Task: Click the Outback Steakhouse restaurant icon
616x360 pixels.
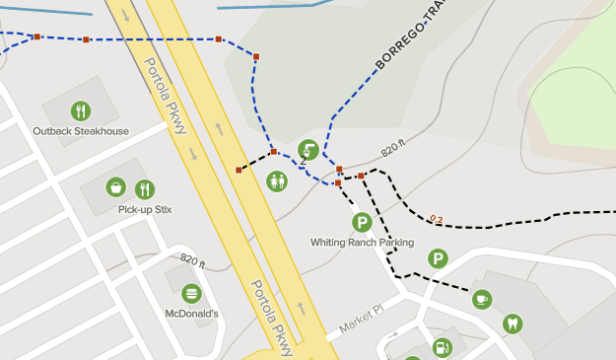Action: tap(81, 111)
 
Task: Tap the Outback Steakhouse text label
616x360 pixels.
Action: tap(81, 131)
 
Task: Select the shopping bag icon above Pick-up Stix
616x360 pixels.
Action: tap(116, 187)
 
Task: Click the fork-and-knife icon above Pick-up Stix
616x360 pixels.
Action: tap(145, 188)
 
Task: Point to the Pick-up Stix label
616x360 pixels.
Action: tap(145, 209)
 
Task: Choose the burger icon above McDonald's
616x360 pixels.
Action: tap(191, 293)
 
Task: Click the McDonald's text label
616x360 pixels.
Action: tap(191, 314)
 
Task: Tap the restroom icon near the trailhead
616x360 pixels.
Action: tap(277, 181)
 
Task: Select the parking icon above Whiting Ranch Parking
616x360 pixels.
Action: tap(362, 222)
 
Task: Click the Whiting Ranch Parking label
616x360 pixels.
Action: tap(362, 243)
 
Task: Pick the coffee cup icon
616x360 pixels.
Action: tap(481, 299)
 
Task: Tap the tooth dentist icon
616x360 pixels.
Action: tap(512, 323)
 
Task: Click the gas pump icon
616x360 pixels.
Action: tap(443, 347)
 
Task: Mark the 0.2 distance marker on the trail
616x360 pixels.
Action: tap(437, 219)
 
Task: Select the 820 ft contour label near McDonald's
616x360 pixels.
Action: tap(193, 261)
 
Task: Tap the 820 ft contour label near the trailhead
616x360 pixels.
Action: tap(393, 149)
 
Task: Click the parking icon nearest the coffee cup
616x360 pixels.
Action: tap(438, 258)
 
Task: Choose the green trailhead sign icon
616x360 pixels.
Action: tap(308, 151)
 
